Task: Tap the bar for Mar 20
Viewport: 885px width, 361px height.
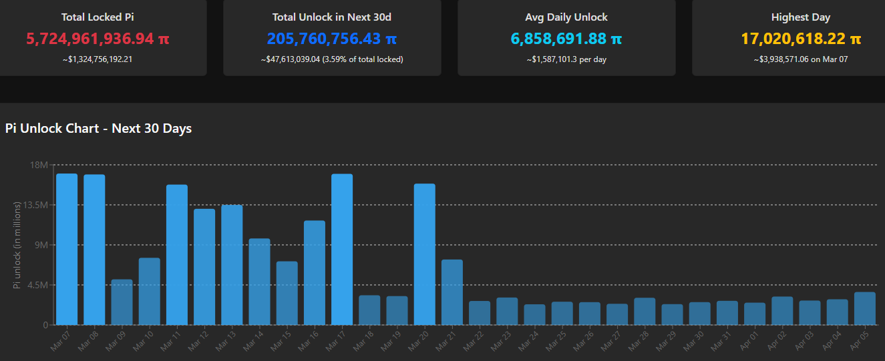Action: coord(424,254)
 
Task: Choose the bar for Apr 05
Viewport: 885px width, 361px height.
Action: coord(864,308)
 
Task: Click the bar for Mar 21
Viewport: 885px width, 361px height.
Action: coord(452,292)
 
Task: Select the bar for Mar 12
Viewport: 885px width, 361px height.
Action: coord(204,267)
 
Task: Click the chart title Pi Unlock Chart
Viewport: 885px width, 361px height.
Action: coord(98,128)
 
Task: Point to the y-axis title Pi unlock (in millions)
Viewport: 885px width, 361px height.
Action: coord(17,245)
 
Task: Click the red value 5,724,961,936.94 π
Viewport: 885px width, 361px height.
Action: coord(98,39)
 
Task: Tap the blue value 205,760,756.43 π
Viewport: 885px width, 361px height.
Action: coord(332,39)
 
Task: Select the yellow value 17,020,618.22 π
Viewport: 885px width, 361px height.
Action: coord(801,39)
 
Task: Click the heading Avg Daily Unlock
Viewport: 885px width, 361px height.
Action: coord(566,17)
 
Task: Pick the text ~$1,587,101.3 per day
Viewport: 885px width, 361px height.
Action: coord(566,59)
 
